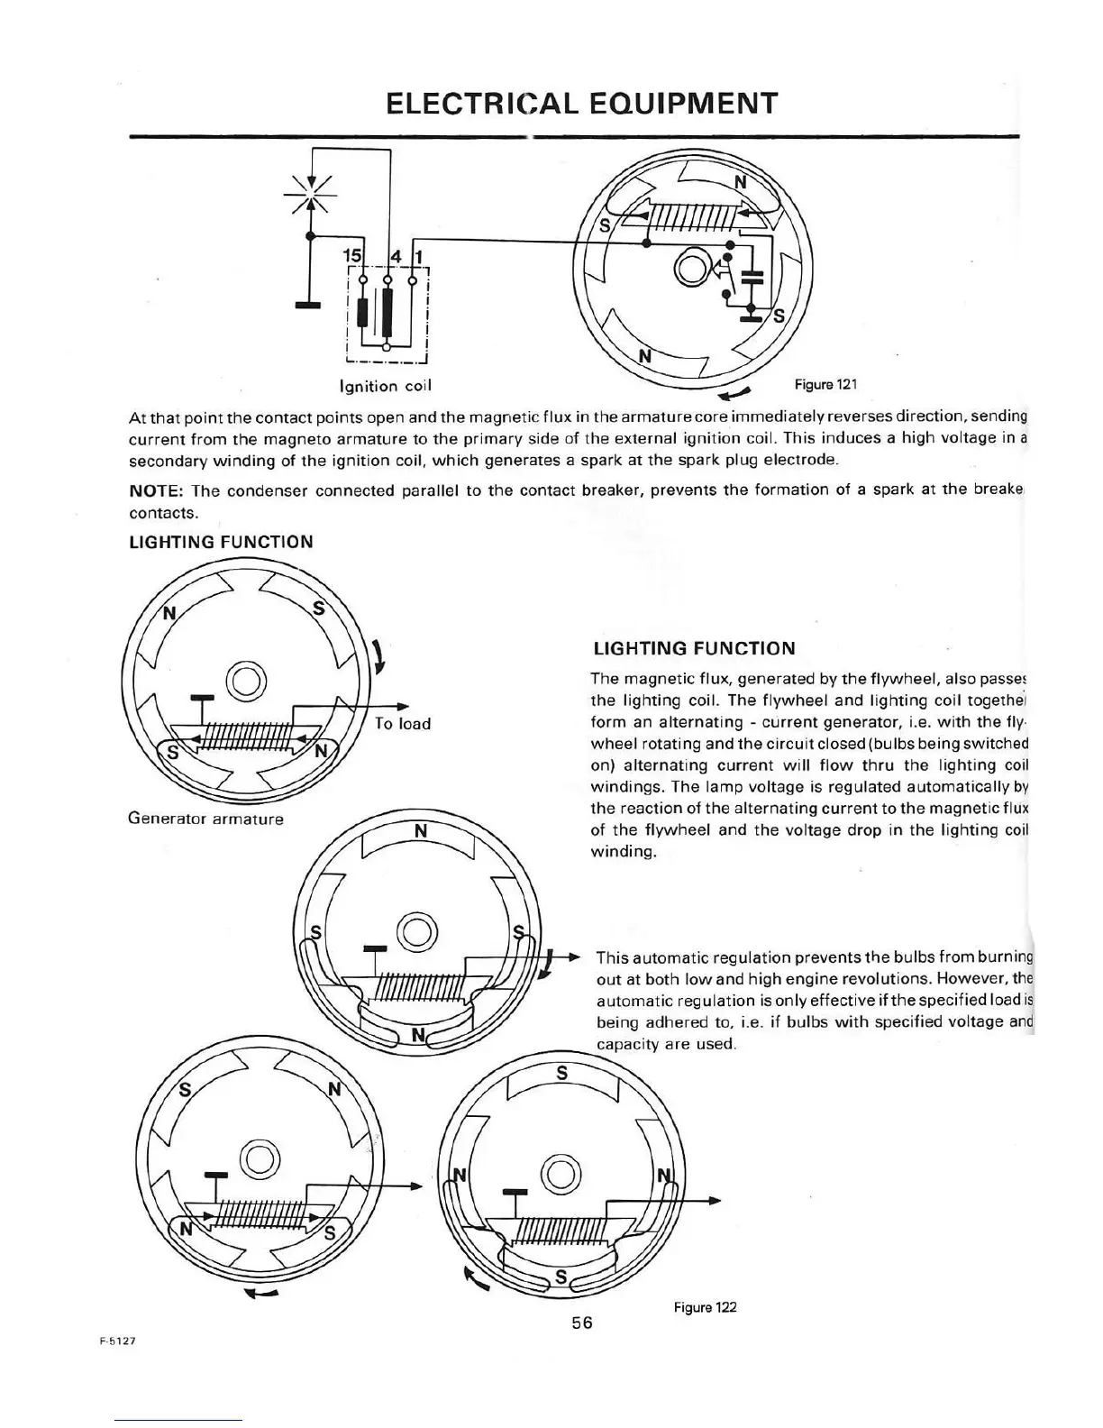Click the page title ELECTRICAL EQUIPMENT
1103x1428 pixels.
click(x=580, y=104)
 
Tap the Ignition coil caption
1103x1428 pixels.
click(x=385, y=386)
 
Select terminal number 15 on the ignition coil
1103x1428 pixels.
click(x=352, y=256)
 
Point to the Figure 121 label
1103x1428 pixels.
click(x=825, y=385)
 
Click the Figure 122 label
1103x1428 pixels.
click(x=705, y=1306)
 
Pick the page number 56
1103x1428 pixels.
click(x=581, y=1323)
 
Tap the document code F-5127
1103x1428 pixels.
click(x=117, y=1340)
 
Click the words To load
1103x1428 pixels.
click(x=402, y=724)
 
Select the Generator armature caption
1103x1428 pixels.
click(x=205, y=819)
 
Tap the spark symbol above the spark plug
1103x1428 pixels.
click(x=309, y=193)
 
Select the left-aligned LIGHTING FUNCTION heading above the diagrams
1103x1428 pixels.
click(x=221, y=542)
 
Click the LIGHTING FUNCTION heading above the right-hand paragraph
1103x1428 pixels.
click(x=694, y=648)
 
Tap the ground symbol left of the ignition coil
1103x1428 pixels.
click(x=309, y=305)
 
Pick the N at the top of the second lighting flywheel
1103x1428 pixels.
click(x=420, y=830)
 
